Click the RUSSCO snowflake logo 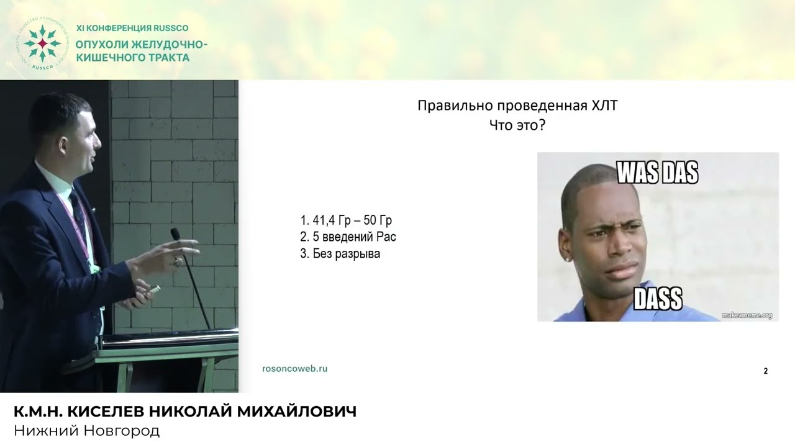(x=42, y=43)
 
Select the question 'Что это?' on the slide (x=517, y=125)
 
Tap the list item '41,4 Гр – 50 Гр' (x=346, y=220)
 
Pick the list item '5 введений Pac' (x=348, y=237)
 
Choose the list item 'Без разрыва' (x=340, y=254)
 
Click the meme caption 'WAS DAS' (x=657, y=173)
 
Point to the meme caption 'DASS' (x=658, y=299)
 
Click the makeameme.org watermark (x=747, y=315)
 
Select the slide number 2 (x=765, y=371)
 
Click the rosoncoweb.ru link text (x=294, y=369)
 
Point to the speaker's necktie (x=78, y=211)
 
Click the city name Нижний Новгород (x=86, y=431)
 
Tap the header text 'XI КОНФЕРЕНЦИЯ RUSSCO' (x=132, y=28)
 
